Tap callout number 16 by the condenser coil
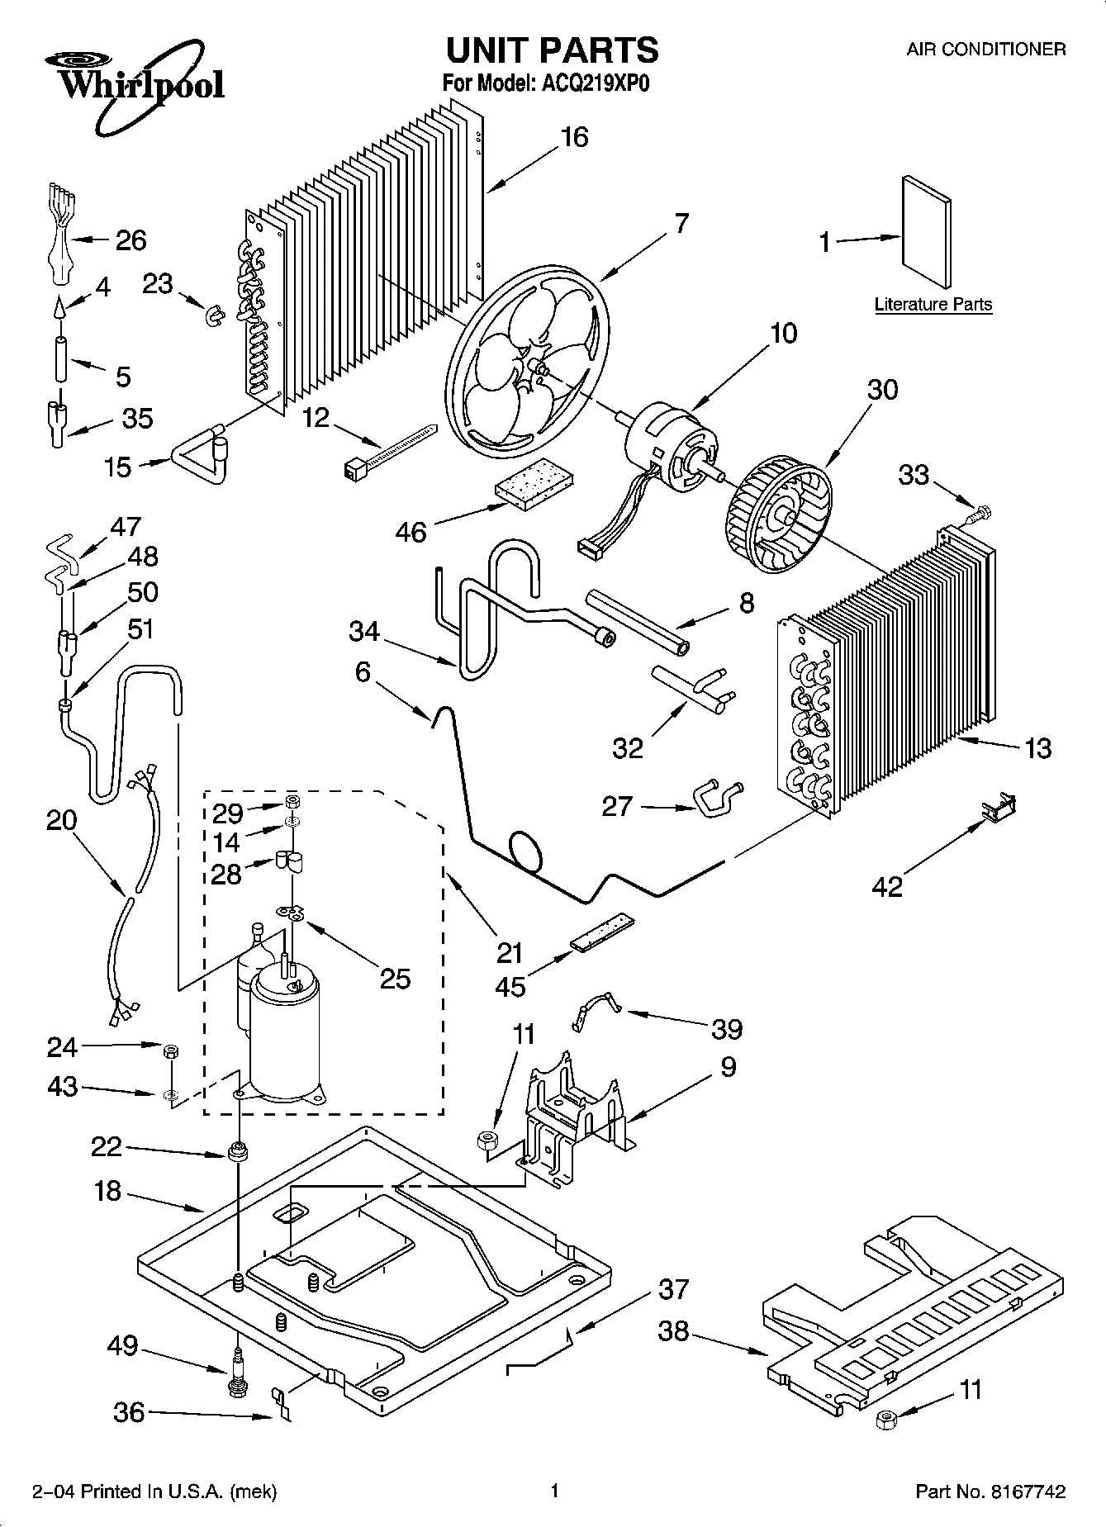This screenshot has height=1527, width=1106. tap(574, 137)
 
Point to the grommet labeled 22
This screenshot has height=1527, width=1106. tap(238, 1151)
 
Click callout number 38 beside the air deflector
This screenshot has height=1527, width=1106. tap(674, 1332)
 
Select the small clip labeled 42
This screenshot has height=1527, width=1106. tap(999, 808)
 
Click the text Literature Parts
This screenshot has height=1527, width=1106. tap(933, 304)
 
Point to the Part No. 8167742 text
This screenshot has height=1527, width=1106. tap(990, 1491)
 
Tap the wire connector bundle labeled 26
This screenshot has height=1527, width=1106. tap(59, 239)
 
